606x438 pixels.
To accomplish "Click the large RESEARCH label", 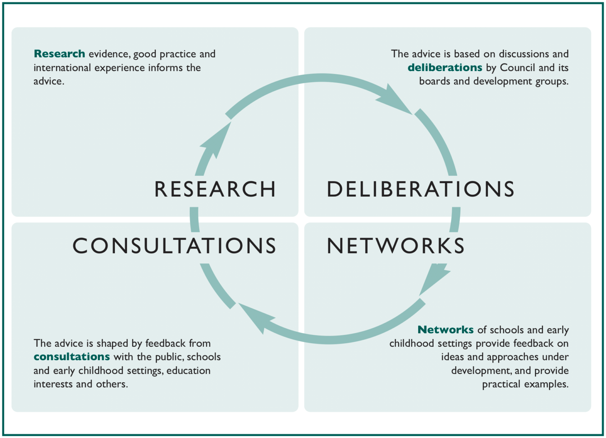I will point(215,189).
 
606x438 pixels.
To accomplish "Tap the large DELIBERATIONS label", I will point(421,189).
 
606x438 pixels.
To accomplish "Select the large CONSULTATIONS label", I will point(174,246).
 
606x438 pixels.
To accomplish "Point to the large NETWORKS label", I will point(396,246).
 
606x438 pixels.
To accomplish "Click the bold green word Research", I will point(59,54).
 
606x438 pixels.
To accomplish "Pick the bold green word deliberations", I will point(445,68).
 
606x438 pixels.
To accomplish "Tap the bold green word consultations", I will point(71,357).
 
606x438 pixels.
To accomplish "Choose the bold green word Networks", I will point(445,329).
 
